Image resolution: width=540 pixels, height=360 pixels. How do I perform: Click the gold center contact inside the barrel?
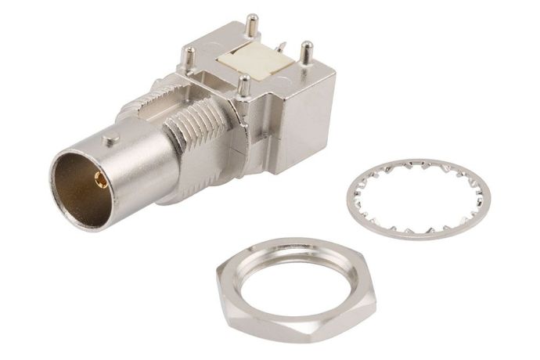coord(101,181)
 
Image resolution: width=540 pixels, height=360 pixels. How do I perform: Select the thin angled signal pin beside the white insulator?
coord(284,55)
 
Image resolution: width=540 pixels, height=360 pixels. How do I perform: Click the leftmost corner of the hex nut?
coord(218,274)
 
